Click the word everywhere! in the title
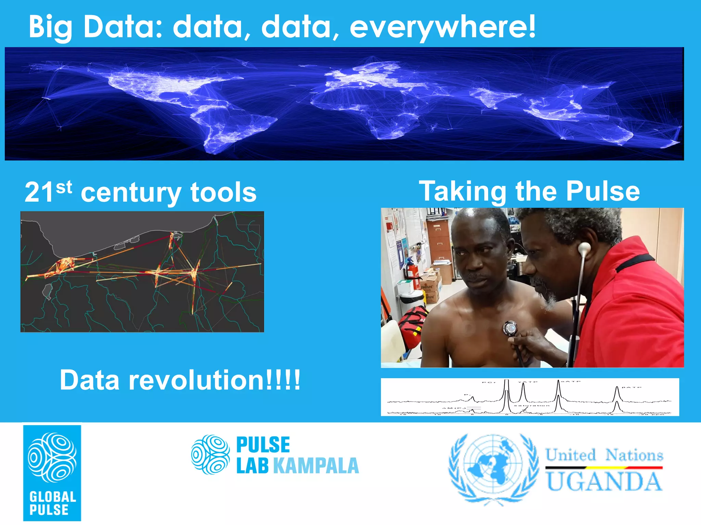pyautogui.click(x=442, y=27)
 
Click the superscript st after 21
pyautogui.click(x=64, y=187)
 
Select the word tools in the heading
pyautogui.click(x=223, y=193)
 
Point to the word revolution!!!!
pyautogui.click(x=214, y=380)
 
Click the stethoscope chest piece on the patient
pyautogui.click(x=510, y=329)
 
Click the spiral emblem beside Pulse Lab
pyautogui.click(x=210, y=455)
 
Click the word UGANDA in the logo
pyautogui.click(x=604, y=482)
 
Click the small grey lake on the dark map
pyautogui.click(x=47, y=291)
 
